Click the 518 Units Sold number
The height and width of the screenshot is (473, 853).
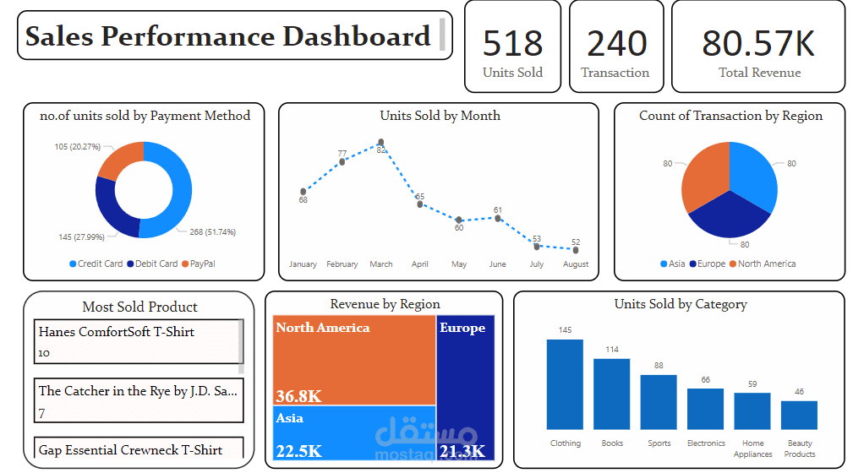tap(512, 43)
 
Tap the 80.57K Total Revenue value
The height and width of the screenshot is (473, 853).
tap(758, 43)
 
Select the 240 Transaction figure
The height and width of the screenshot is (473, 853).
tap(615, 43)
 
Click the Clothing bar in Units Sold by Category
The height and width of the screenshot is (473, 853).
tap(565, 384)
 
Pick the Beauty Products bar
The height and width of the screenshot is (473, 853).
tap(799, 415)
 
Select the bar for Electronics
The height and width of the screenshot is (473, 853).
tap(705, 409)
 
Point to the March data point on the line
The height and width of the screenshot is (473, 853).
tap(381, 143)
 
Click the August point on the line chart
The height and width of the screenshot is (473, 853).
tap(576, 249)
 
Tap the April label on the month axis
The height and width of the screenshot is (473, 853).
tap(420, 264)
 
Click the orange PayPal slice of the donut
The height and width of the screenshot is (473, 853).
tap(119, 160)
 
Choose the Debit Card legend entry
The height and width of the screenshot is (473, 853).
tap(153, 264)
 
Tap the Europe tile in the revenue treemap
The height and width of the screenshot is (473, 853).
tap(465, 380)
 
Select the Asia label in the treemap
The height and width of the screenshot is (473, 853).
tap(289, 418)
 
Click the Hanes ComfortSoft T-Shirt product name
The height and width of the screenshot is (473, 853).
tap(117, 332)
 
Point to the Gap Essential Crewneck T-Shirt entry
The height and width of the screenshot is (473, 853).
tap(130, 450)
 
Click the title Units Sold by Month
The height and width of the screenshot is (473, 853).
tap(440, 116)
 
